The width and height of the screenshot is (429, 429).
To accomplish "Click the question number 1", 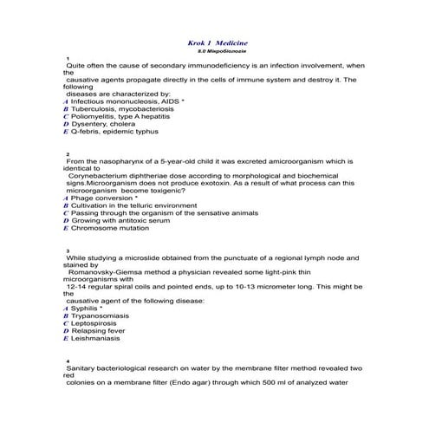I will (x=68, y=58).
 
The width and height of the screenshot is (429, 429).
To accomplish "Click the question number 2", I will (x=68, y=153).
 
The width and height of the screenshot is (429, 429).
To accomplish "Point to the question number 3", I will (x=68, y=250).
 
